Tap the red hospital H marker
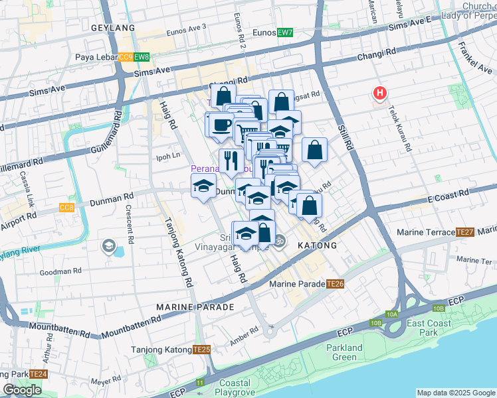(380, 94)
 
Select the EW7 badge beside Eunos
(286, 33)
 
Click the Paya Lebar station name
(96, 58)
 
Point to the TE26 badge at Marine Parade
(335, 284)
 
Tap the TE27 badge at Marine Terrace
(464, 232)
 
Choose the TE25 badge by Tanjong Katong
(202, 350)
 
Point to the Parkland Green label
(345, 353)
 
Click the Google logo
(22, 390)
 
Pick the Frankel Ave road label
(474, 58)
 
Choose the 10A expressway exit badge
(392, 314)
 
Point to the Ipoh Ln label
(167, 156)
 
